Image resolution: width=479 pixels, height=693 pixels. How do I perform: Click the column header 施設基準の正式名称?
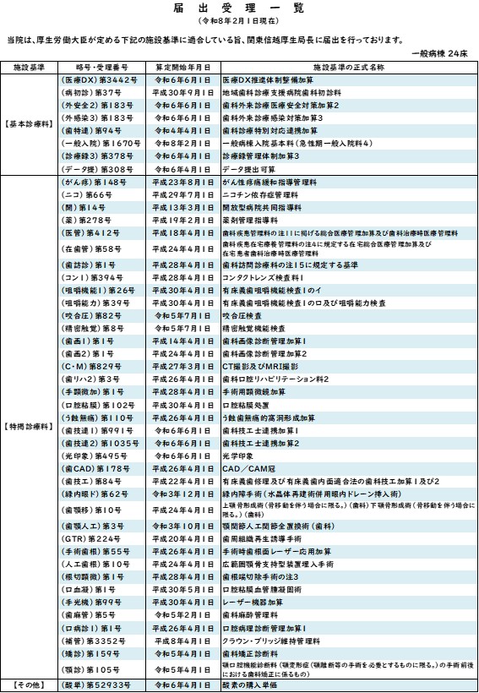(342, 66)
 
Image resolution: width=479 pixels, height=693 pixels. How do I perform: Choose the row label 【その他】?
(30, 685)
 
